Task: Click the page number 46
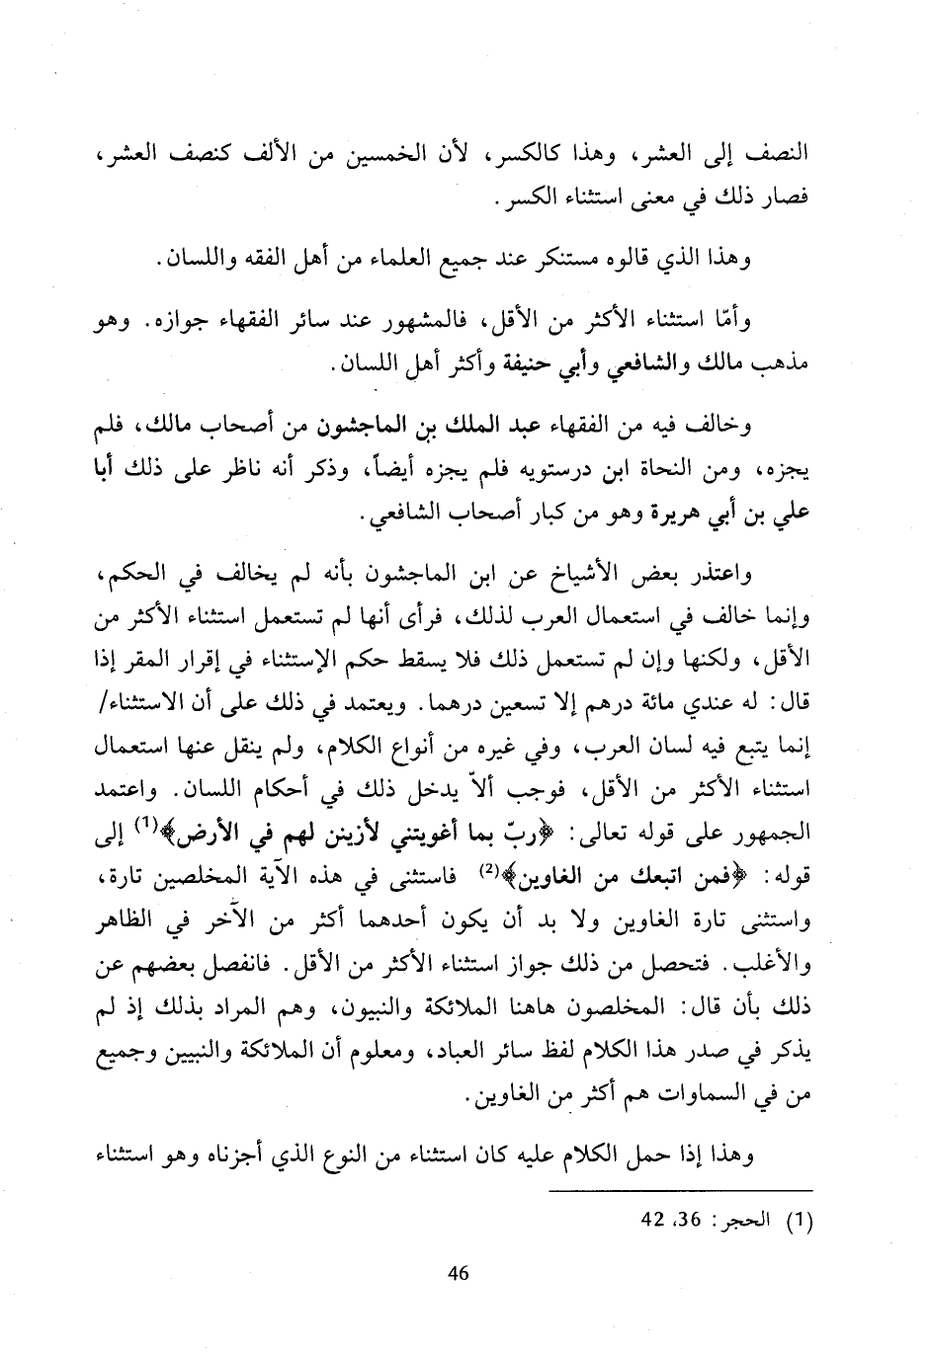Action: (457, 1274)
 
